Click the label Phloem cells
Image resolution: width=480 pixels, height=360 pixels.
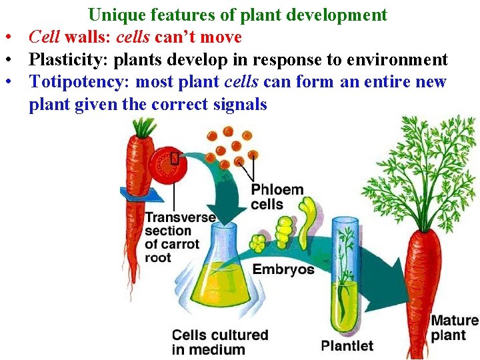click(276, 197)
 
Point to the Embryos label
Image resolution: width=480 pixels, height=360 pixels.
click(283, 269)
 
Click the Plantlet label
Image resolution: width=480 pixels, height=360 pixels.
click(347, 345)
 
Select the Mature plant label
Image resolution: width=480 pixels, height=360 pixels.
click(454, 327)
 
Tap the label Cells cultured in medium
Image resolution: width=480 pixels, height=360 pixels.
click(219, 342)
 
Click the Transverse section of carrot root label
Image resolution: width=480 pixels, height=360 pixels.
click(180, 237)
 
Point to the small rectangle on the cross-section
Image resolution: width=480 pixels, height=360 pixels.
click(174, 158)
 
